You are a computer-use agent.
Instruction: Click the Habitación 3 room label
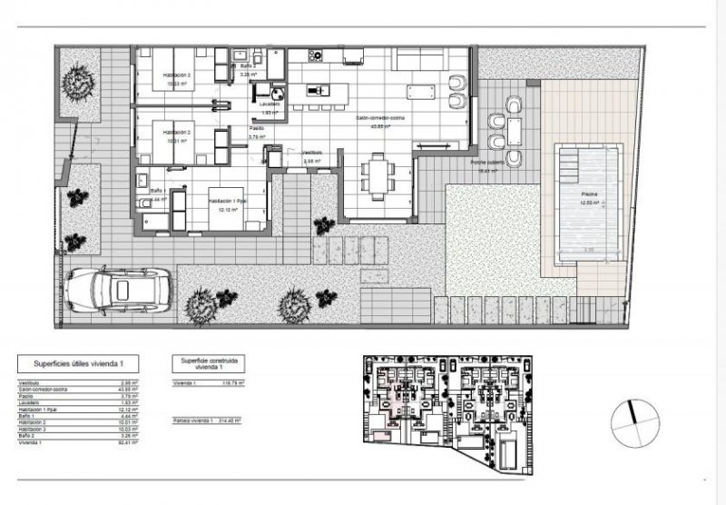point(178,74)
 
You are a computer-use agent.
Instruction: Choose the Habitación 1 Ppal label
point(227,201)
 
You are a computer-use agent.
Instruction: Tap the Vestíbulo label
point(312,153)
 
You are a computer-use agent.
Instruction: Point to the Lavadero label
point(269,104)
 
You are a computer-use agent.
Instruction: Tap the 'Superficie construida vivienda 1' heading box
point(209,364)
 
